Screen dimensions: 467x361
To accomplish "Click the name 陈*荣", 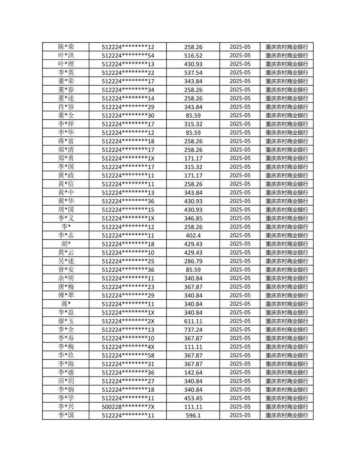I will (x=66, y=47).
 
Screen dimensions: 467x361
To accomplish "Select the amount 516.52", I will (x=193, y=56).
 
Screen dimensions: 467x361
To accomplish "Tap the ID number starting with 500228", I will (x=128, y=407).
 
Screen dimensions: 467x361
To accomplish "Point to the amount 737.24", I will (x=193, y=330).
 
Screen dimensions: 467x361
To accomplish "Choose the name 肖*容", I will (x=66, y=107).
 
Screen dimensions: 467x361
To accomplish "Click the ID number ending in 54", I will (x=128, y=56).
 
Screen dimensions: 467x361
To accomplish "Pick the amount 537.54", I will (x=193, y=73).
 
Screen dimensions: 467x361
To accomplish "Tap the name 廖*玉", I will (x=66, y=321).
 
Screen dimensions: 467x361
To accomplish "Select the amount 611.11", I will (x=193, y=321).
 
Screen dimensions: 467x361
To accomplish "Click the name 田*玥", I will (x=66, y=381).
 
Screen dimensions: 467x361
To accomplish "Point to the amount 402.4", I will (x=193, y=235).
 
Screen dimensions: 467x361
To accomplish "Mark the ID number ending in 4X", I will (x=128, y=347).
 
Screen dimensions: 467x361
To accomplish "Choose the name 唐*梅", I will (x=66, y=287).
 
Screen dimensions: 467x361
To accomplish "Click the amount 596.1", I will (x=193, y=415).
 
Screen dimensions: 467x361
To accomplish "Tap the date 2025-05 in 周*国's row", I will (x=240, y=210).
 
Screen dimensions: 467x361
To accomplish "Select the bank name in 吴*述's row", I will (x=287, y=261).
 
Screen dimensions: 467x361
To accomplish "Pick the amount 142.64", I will (x=193, y=373).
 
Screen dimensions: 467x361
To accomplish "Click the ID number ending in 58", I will (x=128, y=356).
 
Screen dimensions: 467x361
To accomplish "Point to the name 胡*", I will (x=66, y=244).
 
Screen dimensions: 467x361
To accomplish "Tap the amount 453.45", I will (x=193, y=398).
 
